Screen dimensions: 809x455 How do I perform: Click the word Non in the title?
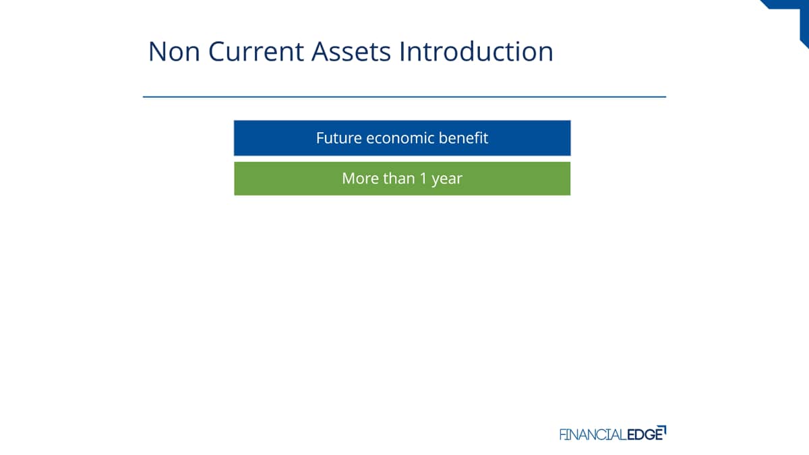click(x=174, y=52)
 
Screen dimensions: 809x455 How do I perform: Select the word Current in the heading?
click(x=256, y=52)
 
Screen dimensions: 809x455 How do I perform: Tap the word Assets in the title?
click(x=351, y=52)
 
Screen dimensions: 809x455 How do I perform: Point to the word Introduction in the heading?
click(x=477, y=51)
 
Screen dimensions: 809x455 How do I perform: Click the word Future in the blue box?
click(x=338, y=138)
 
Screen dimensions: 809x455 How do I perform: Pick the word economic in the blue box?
click(x=400, y=138)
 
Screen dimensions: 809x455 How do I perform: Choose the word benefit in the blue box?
click(x=463, y=138)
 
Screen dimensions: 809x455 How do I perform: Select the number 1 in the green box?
click(x=423, y=179)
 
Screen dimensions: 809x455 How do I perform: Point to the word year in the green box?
click(x=447, y=179)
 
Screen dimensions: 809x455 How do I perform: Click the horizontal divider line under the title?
click(x=404, y=97)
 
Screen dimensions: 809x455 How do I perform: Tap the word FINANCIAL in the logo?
click(x=593, y=434)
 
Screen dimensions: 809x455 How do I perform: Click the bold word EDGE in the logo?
click(x=645, y=434)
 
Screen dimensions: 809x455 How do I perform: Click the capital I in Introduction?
click(x=402, y=52)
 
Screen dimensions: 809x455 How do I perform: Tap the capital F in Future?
click(x=320, y=138)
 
